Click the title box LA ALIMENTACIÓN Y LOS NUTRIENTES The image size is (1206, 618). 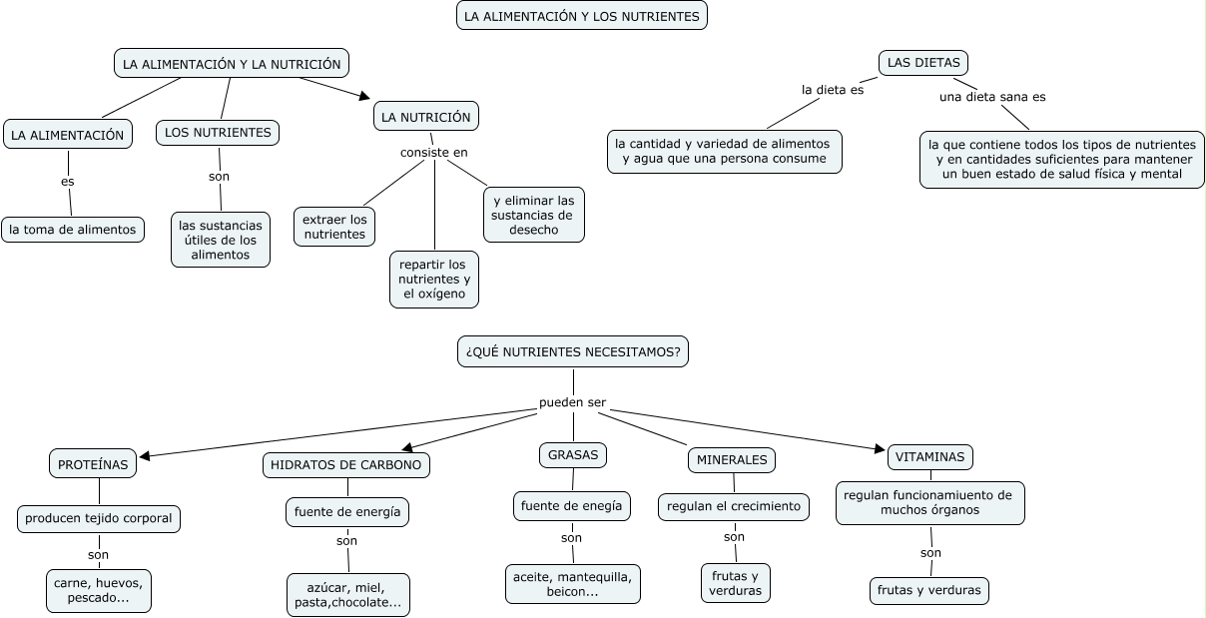(582, 15)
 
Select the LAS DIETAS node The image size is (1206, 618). (923, 63)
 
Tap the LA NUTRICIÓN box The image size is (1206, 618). (425, 117)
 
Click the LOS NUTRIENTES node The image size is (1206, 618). (218, 132)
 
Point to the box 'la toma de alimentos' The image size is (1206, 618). (73, 230)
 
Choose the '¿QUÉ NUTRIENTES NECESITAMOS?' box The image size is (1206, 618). (573, 351)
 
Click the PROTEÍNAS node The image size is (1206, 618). (93, 464)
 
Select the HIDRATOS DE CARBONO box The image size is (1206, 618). (346, 464)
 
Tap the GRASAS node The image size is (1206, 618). (573, 455)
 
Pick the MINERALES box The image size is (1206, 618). (732, 460)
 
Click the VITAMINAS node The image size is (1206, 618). (930, 457)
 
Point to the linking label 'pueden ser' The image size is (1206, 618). (572, 403)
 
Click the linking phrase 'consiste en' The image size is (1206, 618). (434, 153)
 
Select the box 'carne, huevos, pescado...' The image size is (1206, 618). (99, 590)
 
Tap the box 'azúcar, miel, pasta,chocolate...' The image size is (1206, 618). (347, 595)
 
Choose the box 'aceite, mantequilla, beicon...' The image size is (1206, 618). (572, 584)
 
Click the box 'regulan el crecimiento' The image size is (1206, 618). (734, 506)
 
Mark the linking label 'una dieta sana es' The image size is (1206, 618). (992, 97)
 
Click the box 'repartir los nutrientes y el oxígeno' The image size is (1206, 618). (433, 280)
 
